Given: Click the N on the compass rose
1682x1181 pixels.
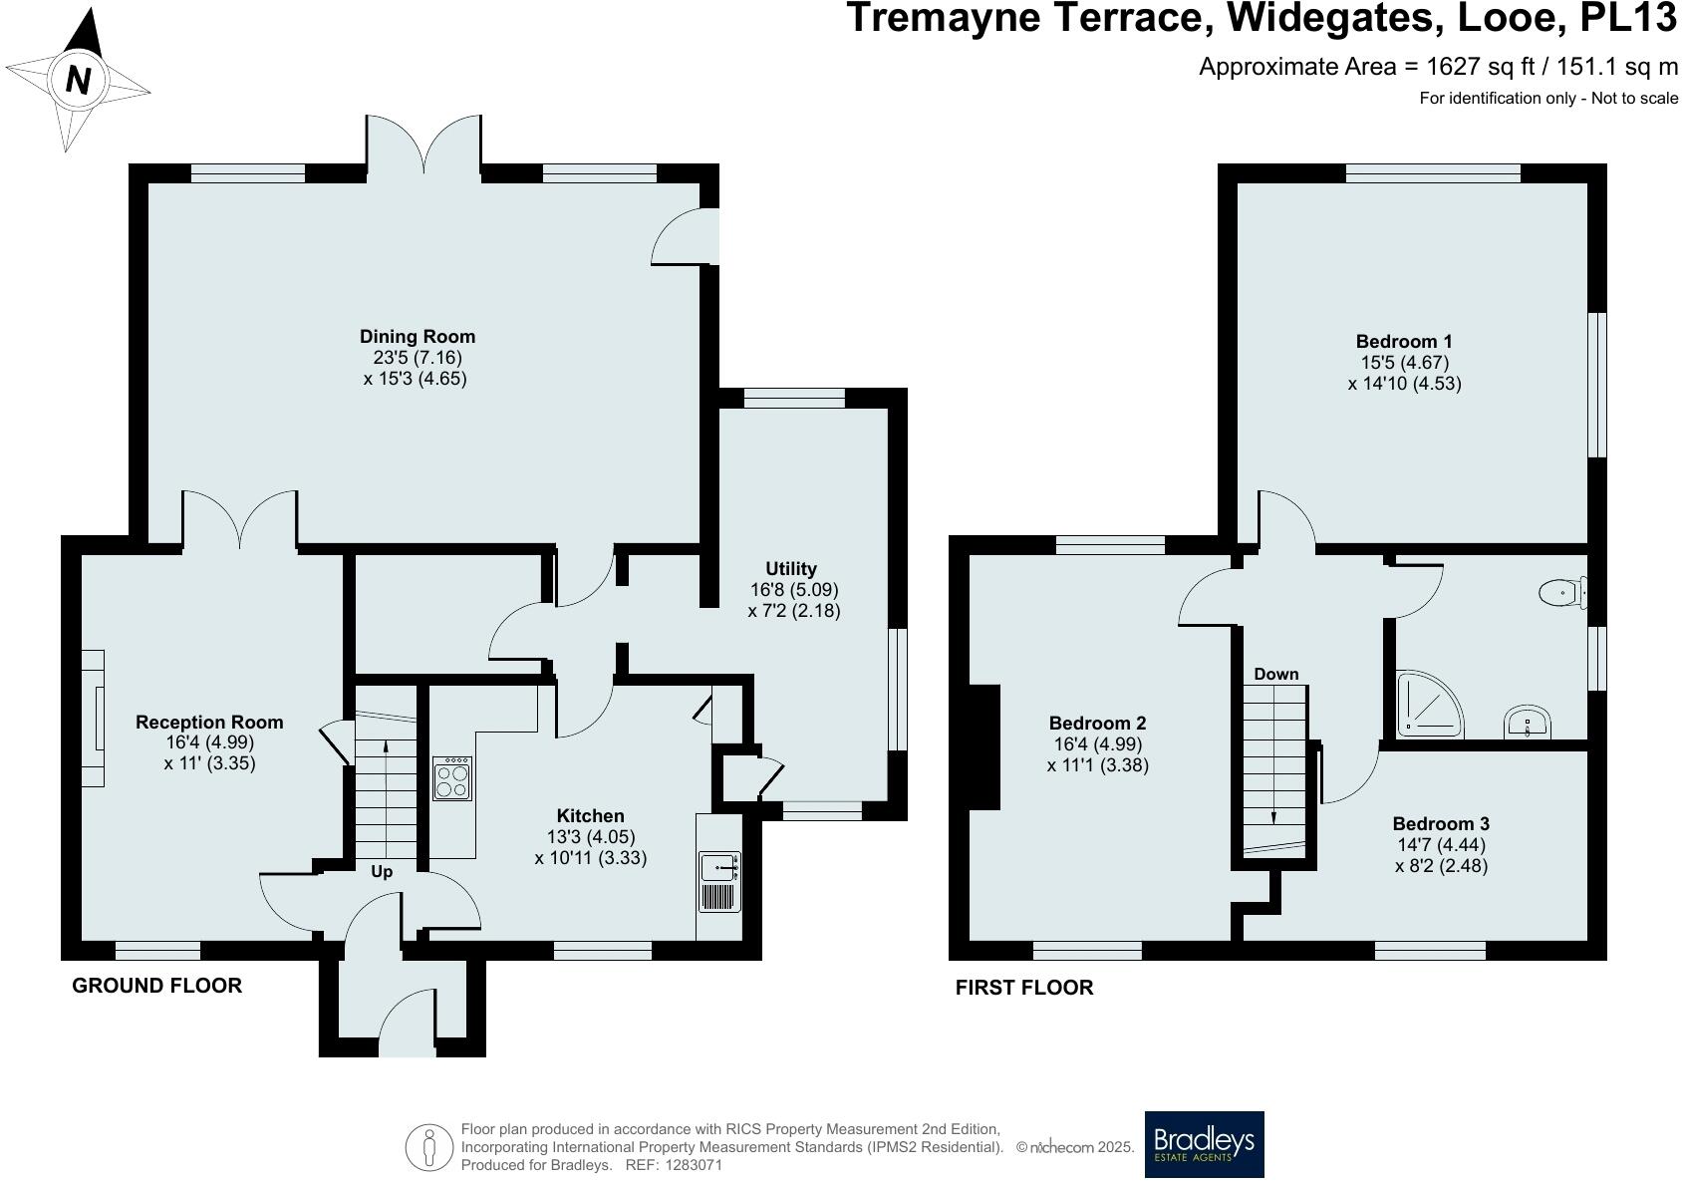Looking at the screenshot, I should pyautogui.click(x=78, y=79).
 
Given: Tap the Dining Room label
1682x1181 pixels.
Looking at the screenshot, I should pyautogui.click(x=418, y=337).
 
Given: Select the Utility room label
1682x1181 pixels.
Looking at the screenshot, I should pyautogui.click(x=791, y=569).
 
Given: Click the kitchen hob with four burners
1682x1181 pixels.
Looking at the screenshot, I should pyautogui.click(x=452, y=778).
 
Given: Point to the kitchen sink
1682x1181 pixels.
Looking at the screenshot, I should pyautogui.click(x=718, y=868).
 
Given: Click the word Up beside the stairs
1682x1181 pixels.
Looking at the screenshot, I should pyautogui.click(x=382, y=872).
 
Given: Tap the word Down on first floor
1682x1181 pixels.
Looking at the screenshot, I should pyautogui.click(x=1276, y=675).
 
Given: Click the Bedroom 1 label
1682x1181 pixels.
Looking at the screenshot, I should pyautogui.click(x=1404, y=342).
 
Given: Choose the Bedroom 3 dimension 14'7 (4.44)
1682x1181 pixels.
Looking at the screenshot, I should pyautogui.click(x=1441, y=845).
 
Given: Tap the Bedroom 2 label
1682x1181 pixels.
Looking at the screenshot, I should pyautogui.click(x=1097, y=724).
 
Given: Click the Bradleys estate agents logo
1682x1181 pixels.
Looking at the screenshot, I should pyautogui.click(x=1204, y=1144).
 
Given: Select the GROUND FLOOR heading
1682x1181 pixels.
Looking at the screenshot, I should pyautogui.click(x=156, y=986).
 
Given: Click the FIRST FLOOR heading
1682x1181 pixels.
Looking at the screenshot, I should pyautogui.click(x=1024, y=988).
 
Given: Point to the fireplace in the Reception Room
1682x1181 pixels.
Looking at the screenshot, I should pyautogui.click(x=93, y=718).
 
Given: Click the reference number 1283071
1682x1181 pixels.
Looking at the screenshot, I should pyautogui.click(x=691, y=1165).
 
